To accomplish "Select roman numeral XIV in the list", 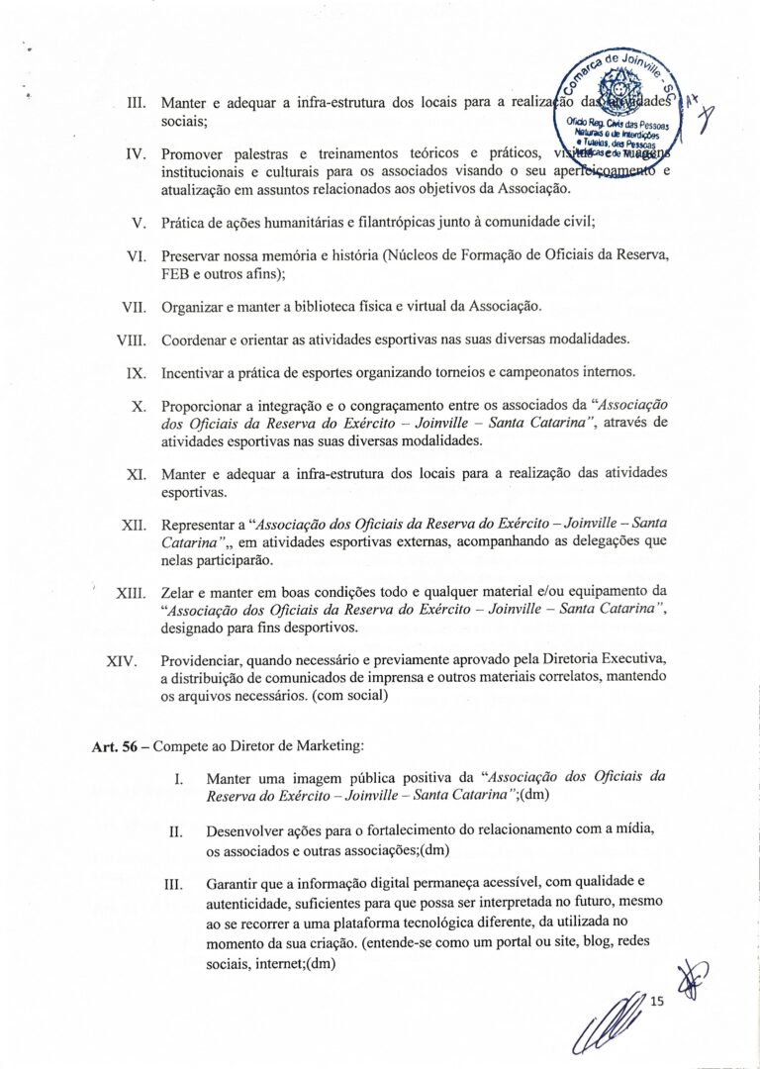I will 127,660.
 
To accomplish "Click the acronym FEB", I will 175,274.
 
